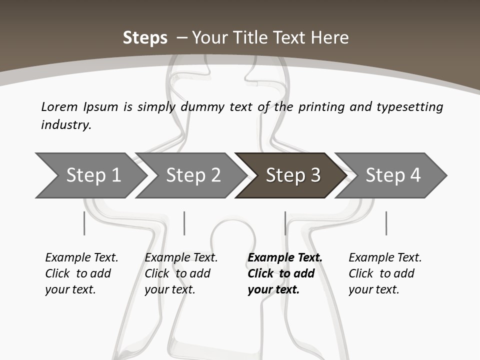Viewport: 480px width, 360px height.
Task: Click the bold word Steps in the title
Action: tap(145, 38)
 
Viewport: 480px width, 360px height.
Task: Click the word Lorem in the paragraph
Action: tap(59, 107)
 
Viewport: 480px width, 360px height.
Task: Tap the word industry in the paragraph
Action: tap(66, 125)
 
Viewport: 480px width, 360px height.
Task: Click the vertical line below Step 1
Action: tap(84, 223)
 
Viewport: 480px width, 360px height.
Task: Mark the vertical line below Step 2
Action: tap(184, 223)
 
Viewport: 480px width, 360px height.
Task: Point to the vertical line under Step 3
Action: tap(285, 223)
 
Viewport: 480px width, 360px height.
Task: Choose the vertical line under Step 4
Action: tap(386, 223)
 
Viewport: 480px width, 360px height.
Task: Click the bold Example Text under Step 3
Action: tap(285, 258)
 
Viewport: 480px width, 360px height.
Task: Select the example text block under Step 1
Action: tap(81, 273)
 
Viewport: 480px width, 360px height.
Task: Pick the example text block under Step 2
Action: tap(181, 273)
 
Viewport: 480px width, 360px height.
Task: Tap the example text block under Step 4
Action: tap(385, 273)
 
